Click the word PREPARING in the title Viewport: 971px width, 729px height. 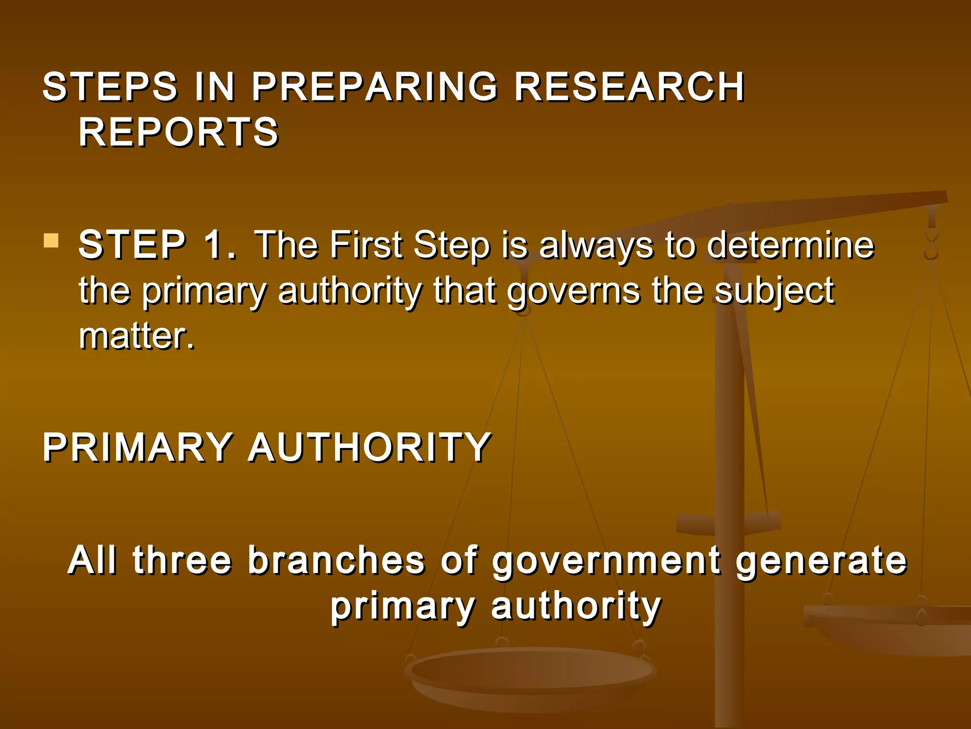[x=375, y=87]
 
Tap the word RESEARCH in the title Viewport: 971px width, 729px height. [x=629, y=87]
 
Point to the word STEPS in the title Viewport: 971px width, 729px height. [x=110, y=87]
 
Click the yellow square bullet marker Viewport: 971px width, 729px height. [x=51, y=241]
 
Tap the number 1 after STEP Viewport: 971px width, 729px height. [x=217, y=245]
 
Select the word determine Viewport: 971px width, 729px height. [x=790, y=245]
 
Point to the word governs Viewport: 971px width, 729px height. [x=574, y=292]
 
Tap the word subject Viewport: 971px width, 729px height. [x=774, y=292]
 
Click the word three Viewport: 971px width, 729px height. [x=182, y=560]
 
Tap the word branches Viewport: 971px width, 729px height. [x=336, y=560]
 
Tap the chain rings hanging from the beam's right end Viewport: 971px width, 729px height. [x=932, y=242]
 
